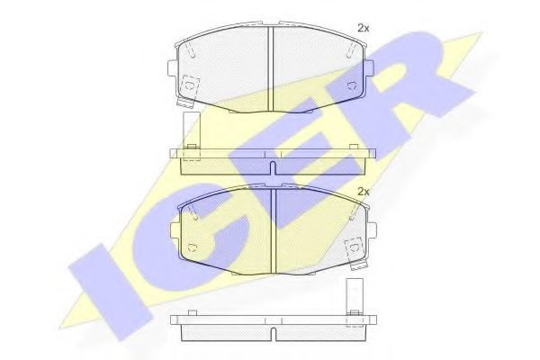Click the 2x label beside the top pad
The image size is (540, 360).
tap(363, 29)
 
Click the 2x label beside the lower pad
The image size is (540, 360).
tap(363, 192)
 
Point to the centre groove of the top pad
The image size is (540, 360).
tap(270, 68)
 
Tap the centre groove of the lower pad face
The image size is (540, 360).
tap(274, 230)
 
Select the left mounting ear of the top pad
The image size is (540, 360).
tap(172, 67)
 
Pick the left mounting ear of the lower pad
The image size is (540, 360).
tap(175, 229)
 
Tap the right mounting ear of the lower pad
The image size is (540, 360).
tap(372, 230)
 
